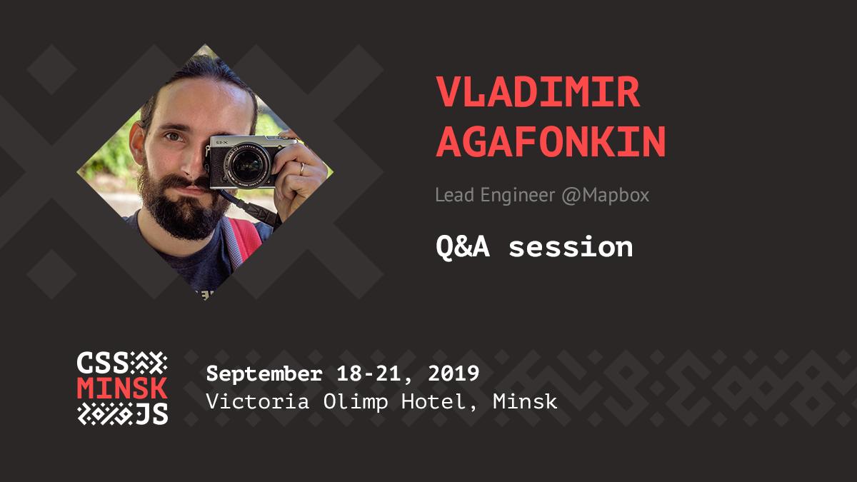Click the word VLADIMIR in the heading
click(x=538, y=92)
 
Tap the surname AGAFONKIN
click(x=551, y=141)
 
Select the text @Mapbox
click(x=606, y=196)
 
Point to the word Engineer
click(x=518, y=196)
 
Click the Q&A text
click(x=463, y=247)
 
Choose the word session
click(x=571, y=247)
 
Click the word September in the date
click(x=264, y=373)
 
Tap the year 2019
click(x=453, y=373)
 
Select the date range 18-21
click(x=369, y=373)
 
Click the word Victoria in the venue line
click(x=258, y=401)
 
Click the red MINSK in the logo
click(x=122, y=388)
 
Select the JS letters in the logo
click(x=152, y=413)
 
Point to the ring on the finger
click(x=302, y=169)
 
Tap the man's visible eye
click(x=174, y=136)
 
